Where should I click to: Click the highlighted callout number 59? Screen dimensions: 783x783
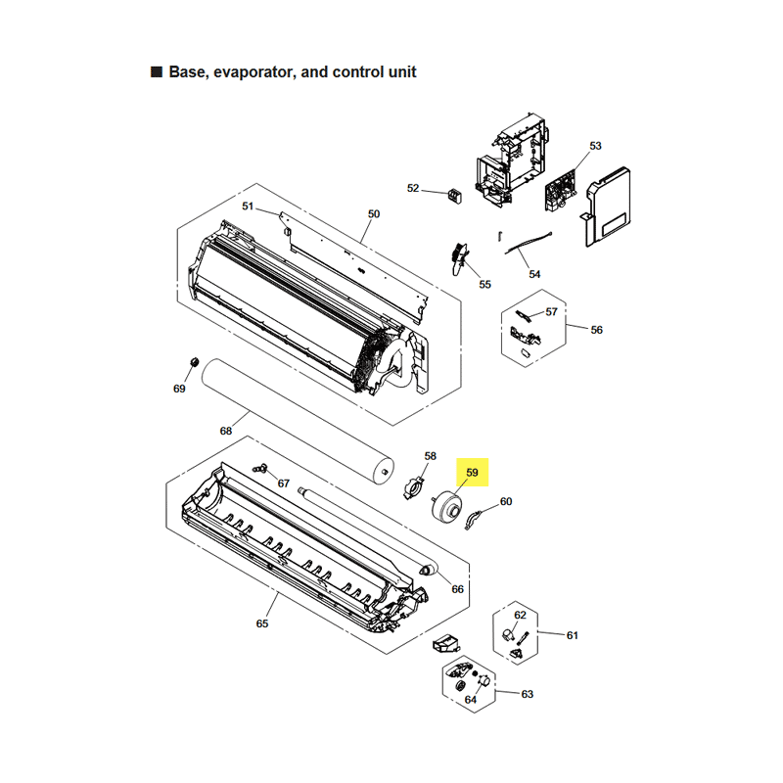[x=472, y=473]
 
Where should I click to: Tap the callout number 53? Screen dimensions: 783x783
[x=595, y=146]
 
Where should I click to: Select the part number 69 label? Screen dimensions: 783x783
[x=179, y=389]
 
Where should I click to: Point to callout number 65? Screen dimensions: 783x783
[x=262, y=623]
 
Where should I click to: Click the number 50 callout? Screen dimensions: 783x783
[x=374, y=213]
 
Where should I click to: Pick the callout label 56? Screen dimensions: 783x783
[x=597, y=330]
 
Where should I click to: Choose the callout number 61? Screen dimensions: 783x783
[x=573, y=635]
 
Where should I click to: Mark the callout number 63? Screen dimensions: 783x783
[x=528, y=694]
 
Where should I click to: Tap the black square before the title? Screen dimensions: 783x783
[x=157, y=71]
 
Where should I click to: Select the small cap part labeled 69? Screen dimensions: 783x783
[x=194, y=361]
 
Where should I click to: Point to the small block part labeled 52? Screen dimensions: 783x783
[x=454, y=196]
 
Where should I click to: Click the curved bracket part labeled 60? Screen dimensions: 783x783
[x=472, y=520]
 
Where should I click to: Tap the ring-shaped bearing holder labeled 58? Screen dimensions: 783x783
[x=413, y=487]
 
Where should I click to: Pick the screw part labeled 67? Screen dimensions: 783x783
[x=260, y=468]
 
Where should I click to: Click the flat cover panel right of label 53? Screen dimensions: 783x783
[x=606, y=207]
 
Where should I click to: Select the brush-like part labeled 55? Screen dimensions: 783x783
[x=460, y=258]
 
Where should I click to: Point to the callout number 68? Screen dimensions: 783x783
[x=226, y=431]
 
